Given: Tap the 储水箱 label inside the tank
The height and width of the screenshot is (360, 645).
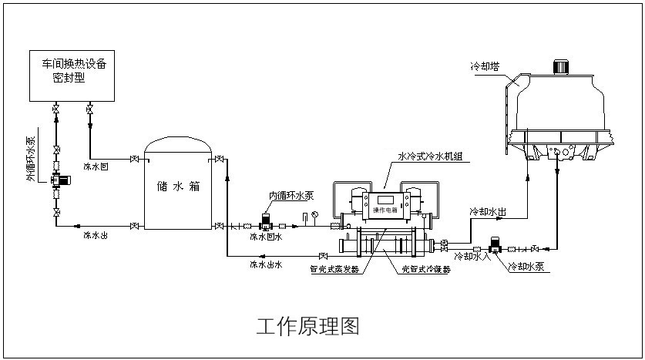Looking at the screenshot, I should (178, 186).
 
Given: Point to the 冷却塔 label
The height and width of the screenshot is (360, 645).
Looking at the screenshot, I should (485, 67).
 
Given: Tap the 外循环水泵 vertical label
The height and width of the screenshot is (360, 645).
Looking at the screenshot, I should (30, 158).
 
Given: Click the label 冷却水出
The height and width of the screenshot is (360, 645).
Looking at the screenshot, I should (488, 210).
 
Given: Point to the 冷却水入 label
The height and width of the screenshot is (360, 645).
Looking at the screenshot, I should (472, 256).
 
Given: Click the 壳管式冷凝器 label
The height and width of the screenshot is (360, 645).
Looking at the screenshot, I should (426, 270).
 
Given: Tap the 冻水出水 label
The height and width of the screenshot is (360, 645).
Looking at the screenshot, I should (266, 264).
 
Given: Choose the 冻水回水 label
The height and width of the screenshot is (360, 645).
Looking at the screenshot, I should (266, 237).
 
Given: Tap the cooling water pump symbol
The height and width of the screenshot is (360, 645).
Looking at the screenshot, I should (496, 246).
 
